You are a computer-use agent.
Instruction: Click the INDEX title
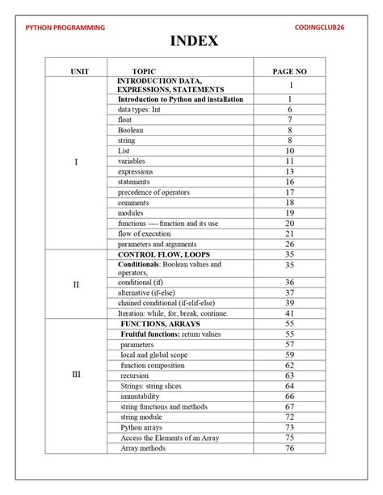pyautogui.click(x=191, y=41)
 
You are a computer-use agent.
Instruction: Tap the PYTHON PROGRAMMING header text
pyautogui.click(x=65, y=28)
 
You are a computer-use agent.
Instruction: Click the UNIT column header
pyautogui.click(x=78, y=71)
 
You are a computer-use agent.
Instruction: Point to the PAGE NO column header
pyautogui.click(x=289, y=71)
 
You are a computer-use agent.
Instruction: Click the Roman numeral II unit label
pyautogui.click(x=77, y=284)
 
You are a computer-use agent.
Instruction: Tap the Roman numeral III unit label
pyautogui.click(x=77, y=375)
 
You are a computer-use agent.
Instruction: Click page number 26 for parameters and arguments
pyautogui.click(x=288, y=244)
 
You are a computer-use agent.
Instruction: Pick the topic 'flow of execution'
pyautogui.click(x=145, y=233)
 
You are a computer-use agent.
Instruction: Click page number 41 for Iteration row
pyautogui.click(x=288, y=313)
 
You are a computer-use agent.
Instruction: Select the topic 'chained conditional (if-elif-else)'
pyautogui.click(x=171, y=303)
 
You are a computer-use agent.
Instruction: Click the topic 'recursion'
pyautogui.click(x=134, y=375)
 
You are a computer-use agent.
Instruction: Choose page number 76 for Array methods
pyautogui.click(x=288, y=448)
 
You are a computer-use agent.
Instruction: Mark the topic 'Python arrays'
pyautogui.click(x=142, y=427)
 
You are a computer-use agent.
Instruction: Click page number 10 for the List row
pyautogui.click(x=288, y=151)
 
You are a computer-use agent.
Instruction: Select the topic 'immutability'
pyautogui.click(x=140, y=396)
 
